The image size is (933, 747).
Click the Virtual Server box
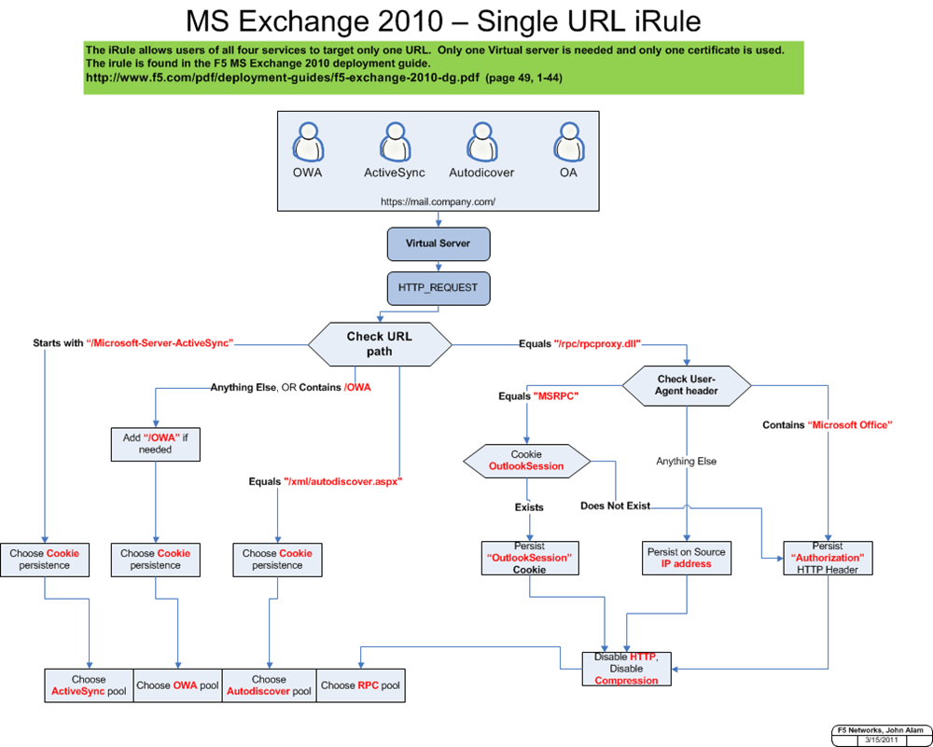438,243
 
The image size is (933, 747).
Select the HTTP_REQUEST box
438,287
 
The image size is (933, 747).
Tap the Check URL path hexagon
382,344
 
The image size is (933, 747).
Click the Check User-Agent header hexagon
686,385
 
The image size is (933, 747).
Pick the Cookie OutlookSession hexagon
526,460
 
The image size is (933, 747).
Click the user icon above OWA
307,144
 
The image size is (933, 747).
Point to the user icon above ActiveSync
395,144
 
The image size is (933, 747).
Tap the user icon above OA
568,144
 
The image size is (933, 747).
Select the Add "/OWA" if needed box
155,442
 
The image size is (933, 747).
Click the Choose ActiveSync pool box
89,685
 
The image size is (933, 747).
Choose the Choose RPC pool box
360,685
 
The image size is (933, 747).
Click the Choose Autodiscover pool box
270,685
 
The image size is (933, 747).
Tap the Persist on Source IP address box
686,558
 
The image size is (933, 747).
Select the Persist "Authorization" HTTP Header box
828,558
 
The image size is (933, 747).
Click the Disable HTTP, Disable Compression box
626,669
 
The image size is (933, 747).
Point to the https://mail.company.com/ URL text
438,201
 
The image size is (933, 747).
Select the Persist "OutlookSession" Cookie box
529,558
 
